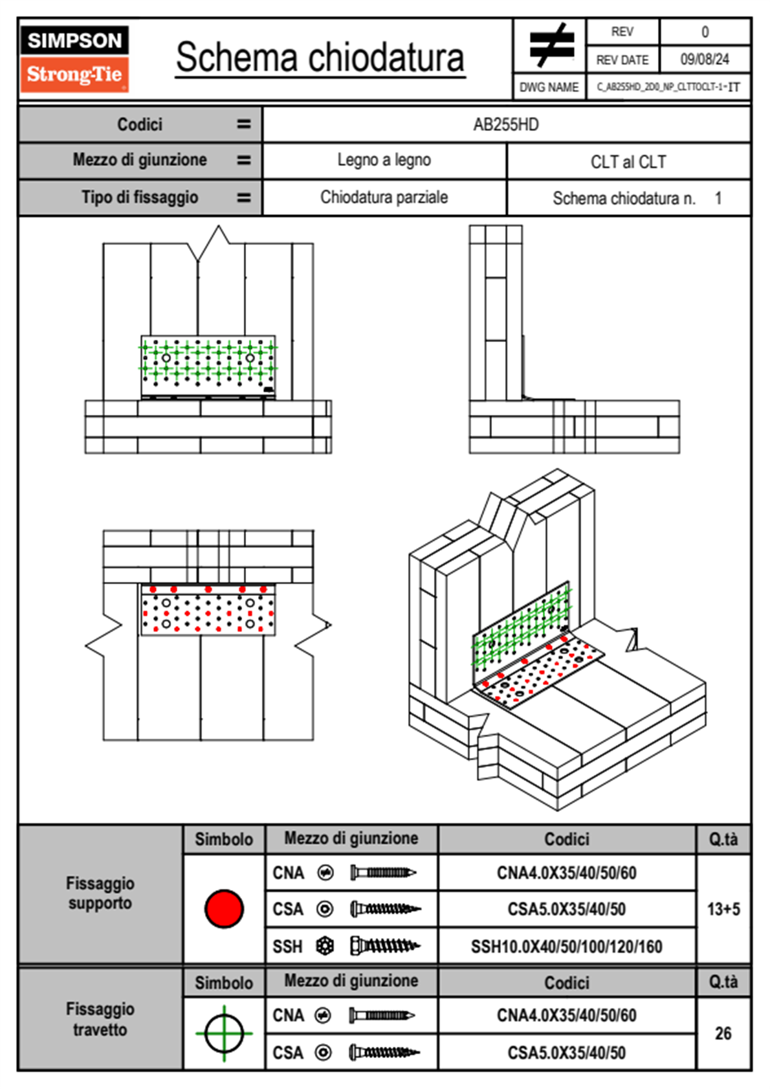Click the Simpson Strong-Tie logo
tap(74, 59)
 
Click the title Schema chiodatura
tap(320, 58)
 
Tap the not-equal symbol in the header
tap(551, 45)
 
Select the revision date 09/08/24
tap(705, 60)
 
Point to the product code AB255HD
tap(506, 124)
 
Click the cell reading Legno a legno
tap(384, 160)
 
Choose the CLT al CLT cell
tap(628, 162)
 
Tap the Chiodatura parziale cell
tap(384, 197)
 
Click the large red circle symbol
tap(224, 908)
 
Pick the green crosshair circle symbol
tap(224, 1033)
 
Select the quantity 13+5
tap(723, 909)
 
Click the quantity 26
tap(723, 1033)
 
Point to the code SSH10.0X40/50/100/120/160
tap(567, 947)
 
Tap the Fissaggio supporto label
tap(100, 893)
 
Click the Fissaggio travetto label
tap(100, 1019)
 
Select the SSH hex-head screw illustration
tap(384, 946)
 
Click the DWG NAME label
tap(549, 87)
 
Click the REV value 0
tap(705, 32)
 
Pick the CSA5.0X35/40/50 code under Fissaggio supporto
tap(567, 909)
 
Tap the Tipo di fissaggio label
tap(140, 197)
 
